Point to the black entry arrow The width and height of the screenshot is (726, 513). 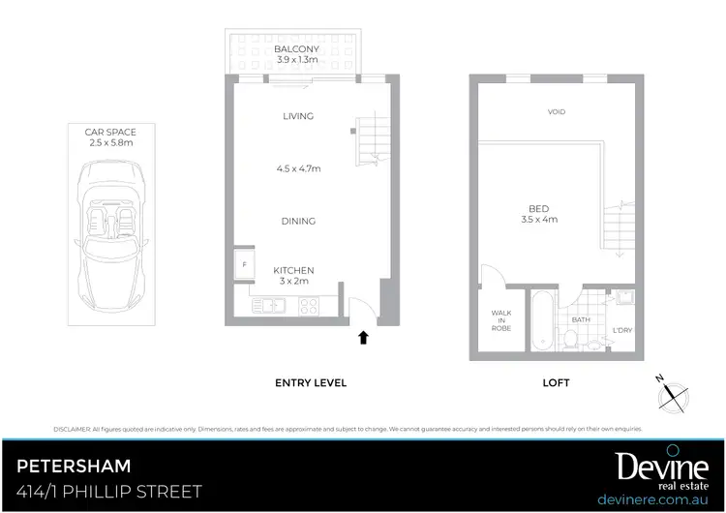point(363,338)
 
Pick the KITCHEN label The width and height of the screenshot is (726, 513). point(293,270)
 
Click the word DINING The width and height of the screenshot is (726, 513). point(298,221)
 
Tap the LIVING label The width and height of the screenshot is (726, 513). point(298,116)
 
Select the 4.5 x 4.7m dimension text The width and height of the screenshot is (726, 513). point(298,168)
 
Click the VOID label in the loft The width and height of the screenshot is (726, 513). point(556,111)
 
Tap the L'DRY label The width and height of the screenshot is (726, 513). point(621,331)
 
